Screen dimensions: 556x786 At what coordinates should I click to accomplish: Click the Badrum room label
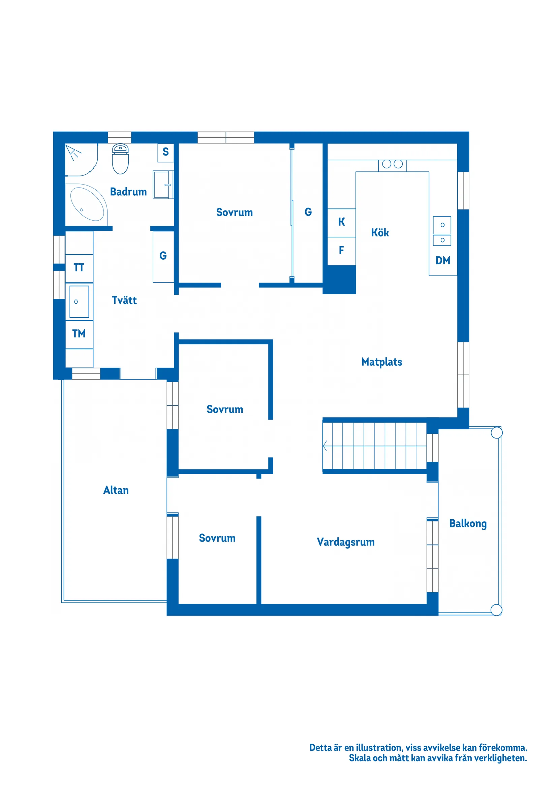tap(128, 192)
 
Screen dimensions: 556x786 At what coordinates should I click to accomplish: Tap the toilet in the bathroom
tap(120, 159)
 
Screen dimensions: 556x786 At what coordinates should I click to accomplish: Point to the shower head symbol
tap(73, 152)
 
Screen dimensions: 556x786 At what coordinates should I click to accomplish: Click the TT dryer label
tap(79, 267)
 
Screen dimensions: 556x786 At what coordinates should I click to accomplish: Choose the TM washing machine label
tap(79, 333)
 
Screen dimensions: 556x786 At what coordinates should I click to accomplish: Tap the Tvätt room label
tap(124, 300)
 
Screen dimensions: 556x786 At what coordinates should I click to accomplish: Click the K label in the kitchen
tap(341, 222)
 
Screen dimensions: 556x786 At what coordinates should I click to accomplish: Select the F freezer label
tap(341, 250)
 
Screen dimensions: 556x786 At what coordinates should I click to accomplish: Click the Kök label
tap(380, 232)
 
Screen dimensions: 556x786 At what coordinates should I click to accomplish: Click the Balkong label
tap(468, 524)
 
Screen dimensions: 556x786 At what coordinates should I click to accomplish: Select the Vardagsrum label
tap(346, 542)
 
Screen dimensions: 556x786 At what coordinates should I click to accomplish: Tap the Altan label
tap(116, 490)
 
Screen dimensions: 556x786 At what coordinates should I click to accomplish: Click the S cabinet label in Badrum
tap(165, 152)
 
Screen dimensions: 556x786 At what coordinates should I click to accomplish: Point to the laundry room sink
tap(79, 302)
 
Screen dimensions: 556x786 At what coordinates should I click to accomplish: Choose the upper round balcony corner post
tap(496, 433)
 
